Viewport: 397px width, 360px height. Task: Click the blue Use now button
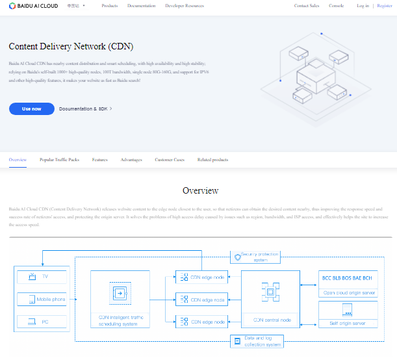(x=31, y=109)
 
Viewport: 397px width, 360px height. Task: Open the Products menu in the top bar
(x=110, y=6)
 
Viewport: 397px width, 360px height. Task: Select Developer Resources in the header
(x=185, y=6)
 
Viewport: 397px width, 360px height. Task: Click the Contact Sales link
(x=307, y=6)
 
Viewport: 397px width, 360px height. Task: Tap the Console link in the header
(x=336, y=6)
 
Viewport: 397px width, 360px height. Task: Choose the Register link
(x=384, y=6)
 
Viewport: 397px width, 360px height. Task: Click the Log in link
(x=363, y=6)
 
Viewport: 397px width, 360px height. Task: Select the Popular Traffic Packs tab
(x=60, y=159)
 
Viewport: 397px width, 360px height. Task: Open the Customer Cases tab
(x=170, y=159)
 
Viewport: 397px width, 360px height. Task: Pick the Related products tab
(x=213, y=159)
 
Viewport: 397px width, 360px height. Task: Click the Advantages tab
(x=131, y=159)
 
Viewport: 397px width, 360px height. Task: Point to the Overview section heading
(x=200, y=191)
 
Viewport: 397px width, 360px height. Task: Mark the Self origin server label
(x=348, y=323)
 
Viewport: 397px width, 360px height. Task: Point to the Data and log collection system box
(x=256, y=341)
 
